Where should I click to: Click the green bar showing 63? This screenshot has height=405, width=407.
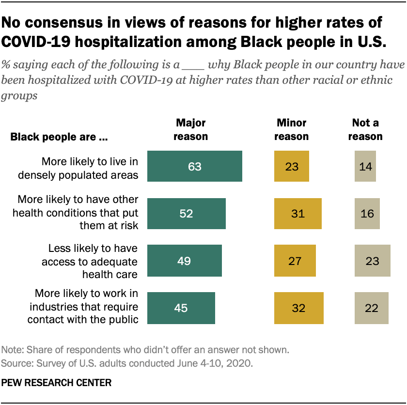[x=194, y=166]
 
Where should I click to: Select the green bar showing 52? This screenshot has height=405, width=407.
[x=186, y=213]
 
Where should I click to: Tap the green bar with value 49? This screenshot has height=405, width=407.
[x=184, y=261]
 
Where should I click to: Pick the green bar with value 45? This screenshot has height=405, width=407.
[x=181, y=308]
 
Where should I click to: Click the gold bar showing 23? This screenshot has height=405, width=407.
[x=291, y=166]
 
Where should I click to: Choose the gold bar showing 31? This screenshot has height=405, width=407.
[x=297, y=213]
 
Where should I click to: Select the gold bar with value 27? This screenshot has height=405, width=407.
[x=295, y=261]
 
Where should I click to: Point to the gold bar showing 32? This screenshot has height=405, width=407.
[x=298, y=308]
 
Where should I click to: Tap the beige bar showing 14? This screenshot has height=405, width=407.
[x=365, y=166]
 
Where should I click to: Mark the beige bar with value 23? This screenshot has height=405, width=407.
[x=372, y=261]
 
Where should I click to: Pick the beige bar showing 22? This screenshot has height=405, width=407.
[x=371, y=308]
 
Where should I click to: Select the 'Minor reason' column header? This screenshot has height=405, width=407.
[x=291, y=129]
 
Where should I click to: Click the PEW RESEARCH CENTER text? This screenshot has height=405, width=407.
[x=56, y=382]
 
